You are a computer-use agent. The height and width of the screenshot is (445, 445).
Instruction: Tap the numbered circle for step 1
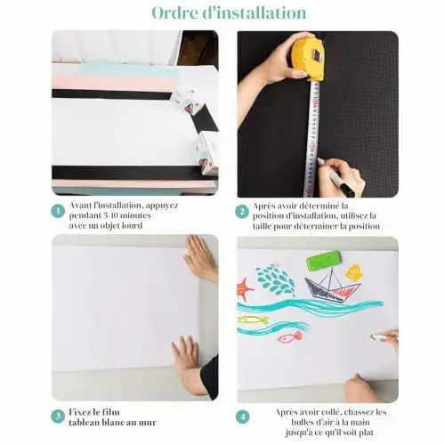58,211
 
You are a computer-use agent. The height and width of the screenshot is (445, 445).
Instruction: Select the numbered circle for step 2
242,212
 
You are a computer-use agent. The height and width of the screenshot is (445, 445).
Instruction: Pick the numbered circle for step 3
58,417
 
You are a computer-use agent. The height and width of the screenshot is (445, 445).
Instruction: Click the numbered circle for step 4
243,417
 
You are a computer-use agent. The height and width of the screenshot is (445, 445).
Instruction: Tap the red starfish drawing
245,289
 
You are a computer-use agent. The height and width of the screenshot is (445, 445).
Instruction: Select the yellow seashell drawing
354,272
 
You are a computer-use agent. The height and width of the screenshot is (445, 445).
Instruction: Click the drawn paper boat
332,287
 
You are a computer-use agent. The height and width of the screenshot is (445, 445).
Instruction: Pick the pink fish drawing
290,336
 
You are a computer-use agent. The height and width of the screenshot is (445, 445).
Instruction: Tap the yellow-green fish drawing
254,320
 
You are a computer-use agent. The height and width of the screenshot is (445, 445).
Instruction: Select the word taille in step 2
263,226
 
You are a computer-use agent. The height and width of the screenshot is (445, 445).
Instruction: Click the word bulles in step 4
303,422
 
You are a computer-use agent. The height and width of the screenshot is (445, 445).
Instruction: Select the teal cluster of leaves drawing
275,280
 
